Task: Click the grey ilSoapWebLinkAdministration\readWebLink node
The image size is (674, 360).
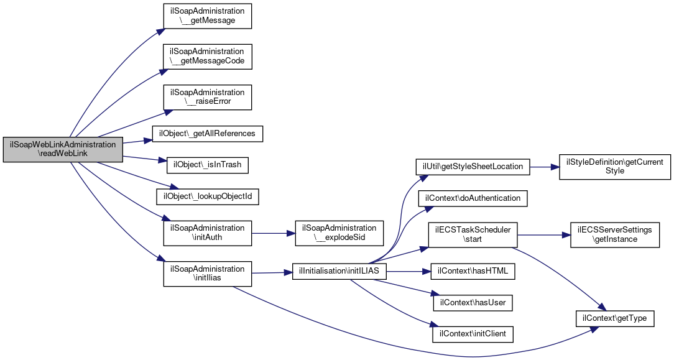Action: [x=63, y=149]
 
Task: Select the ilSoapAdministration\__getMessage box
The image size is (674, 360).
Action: [x=207, y=16]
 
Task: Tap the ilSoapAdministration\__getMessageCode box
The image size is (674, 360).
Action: [x=207, y=57]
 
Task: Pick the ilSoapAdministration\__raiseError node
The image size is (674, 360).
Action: [x=207, y=97]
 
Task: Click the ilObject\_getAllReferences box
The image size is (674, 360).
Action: [x=207, y=134]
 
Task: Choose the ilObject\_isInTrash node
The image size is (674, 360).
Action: [x=207, y=165]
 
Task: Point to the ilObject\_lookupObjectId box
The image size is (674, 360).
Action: [x=207, y=196]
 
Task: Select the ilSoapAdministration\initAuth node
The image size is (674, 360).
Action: [x=207, y=233]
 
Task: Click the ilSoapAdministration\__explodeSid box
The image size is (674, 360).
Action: [x=339, y=233]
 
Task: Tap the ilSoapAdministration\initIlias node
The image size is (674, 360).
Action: [x=207, y=274]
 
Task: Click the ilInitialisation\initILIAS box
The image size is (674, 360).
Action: [x=339, y=272]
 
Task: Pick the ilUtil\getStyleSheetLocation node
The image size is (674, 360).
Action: [x=473, y=167]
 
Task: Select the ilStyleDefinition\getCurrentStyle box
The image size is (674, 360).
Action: [x=615, y=167]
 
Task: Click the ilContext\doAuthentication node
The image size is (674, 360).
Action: [x=473, y=198]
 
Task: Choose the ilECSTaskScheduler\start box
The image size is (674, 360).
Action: [x=473, y=234]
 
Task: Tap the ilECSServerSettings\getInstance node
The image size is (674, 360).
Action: [x=615, y=234]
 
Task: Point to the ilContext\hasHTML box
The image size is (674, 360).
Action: [x=473, y=272]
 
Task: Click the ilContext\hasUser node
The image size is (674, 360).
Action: [x=473, y=303]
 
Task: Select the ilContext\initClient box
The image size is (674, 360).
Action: [x=473, y=335]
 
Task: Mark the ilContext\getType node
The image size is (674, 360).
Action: [x=615, y=318]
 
